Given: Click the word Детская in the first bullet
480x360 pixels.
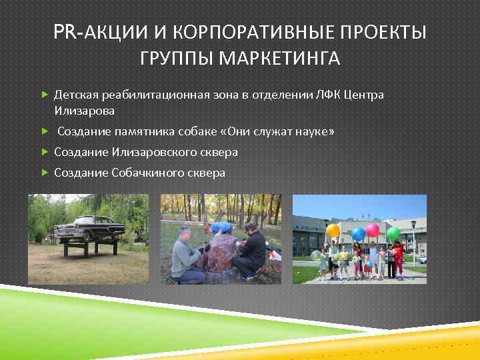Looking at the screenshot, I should tap(76, 95).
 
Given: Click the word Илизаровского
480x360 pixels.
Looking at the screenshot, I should tap(156, 153).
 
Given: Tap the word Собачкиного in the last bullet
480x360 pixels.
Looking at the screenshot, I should tap(150, 173).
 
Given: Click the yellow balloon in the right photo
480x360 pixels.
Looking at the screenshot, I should tap(333, 231).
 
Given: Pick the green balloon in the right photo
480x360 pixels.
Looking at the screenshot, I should tap(393, 234).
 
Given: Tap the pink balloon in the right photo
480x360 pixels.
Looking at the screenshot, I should tap(373, 230).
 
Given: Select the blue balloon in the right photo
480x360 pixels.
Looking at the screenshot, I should tap(358, 234).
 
